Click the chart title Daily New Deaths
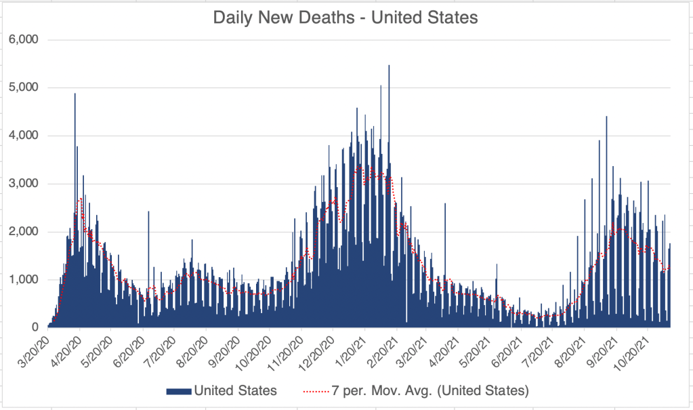tap(345, 17)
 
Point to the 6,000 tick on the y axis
tap(24, 40)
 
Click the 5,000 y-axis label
tap(24, 88)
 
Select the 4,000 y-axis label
tap(24, 136)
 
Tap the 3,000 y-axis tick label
tap(24, 184)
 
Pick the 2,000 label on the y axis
tap(24, 232)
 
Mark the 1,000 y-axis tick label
tap(24, 280)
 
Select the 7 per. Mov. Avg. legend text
tap(431, 390)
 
